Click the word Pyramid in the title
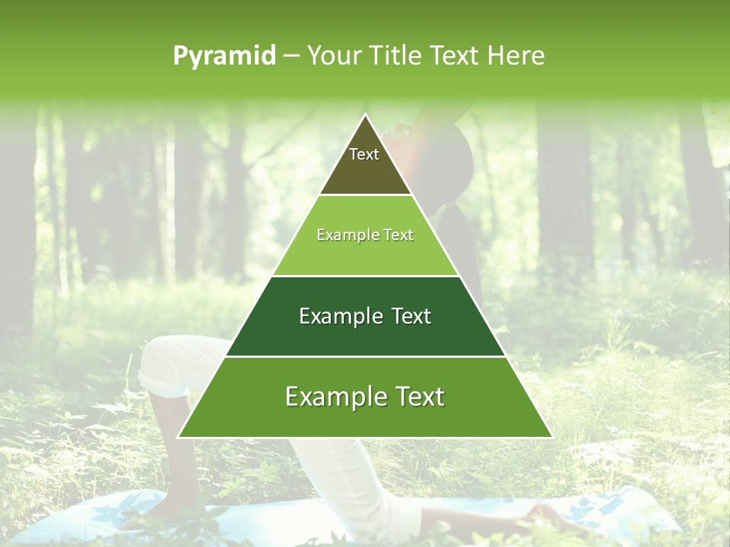click(x=224, y=56)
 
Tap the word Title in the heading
click(x=395, y=56)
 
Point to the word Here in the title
click(x=516, y=56)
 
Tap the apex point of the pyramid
click(x=365, y=115)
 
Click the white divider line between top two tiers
click(x=365, y=195)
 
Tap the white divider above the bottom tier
click(x=365, y=356)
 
